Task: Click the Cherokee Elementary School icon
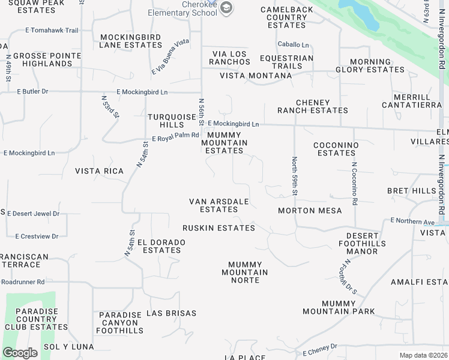[226, 8]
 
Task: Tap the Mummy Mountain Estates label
[224, 143]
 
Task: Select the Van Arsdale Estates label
[218, 205]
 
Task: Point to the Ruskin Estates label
[218, 228]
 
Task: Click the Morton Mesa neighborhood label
[310, 211]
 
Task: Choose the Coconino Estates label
[336, 149]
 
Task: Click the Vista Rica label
[99, 171]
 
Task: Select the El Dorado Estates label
[161, 246]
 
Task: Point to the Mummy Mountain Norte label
[245, 272]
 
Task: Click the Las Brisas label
[171, 313]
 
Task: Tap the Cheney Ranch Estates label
[312, 106]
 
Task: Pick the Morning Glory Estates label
[370, 65]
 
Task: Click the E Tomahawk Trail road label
[52, 31]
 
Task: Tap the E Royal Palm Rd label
[175, 136]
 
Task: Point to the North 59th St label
[295, 176]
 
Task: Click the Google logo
[20, 353]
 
